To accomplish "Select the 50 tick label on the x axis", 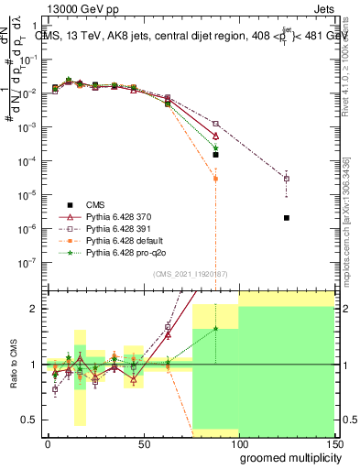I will (143, 442).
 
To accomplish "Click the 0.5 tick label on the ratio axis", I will (27, 420).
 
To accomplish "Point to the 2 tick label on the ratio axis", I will (33, 309).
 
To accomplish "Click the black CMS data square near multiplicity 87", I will (215, 155).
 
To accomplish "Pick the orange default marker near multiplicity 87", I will (215, 179).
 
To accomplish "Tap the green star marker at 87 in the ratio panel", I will (215, 328).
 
